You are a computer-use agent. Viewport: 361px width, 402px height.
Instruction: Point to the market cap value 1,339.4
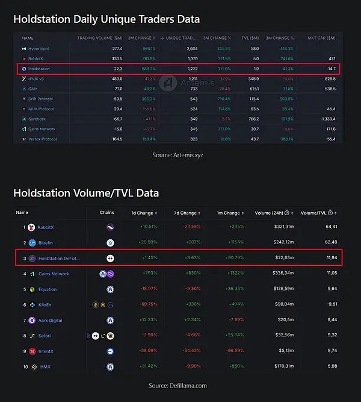(x=327, y=119)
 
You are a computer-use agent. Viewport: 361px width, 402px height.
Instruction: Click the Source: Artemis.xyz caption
(x=179, y=155)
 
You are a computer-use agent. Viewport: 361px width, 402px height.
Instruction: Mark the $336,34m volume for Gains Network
(x=271, y=274)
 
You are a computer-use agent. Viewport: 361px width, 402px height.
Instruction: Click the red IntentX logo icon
(x=32, y=351)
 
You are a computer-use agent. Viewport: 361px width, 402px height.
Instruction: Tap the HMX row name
(x=45, y=366)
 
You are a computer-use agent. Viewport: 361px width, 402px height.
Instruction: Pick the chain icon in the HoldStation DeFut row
(x=110, y=258)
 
